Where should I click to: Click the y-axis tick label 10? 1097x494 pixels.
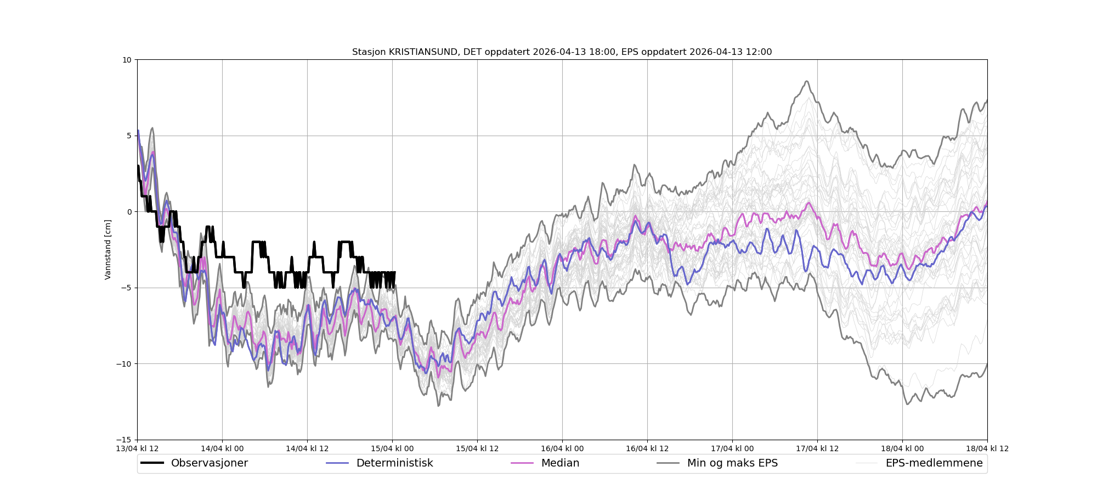pos(127,60)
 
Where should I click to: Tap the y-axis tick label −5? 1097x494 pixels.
pos(126,288)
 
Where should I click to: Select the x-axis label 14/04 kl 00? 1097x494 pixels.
pos(222,448)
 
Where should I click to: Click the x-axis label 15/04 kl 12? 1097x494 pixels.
pos(477,448)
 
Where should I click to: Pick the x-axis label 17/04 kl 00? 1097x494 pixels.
pos(732,448)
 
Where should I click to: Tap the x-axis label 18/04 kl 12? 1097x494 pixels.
pos(987,448)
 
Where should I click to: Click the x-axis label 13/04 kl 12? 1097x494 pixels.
pos(137,448)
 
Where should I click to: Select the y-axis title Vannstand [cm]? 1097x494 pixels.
pos(108,250)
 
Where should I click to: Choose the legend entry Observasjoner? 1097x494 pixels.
pos(209,463)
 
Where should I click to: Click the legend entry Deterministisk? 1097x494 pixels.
pos(394,463)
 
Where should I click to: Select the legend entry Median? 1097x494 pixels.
pos(560,463)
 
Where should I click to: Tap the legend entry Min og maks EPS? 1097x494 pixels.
pos(732,463)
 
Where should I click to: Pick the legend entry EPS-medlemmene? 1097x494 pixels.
pos(934,463)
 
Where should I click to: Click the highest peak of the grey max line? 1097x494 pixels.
pos(807,81)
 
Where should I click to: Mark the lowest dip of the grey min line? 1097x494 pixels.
pos(907,405)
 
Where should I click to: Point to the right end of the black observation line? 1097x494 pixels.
pos(395,272)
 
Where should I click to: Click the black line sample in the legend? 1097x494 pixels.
pos(152,463)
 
